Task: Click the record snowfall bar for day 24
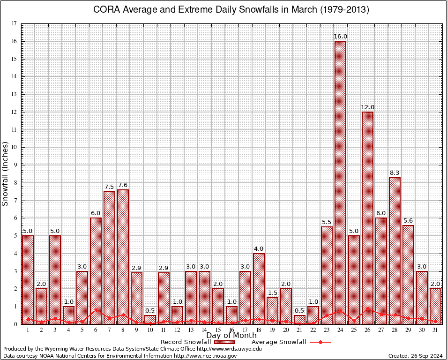point(340,183)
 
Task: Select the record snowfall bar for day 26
point(367,218)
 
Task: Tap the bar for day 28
point(395,251)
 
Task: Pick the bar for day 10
point(150,320)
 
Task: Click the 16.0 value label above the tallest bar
point(340,37)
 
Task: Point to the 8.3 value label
point(395,173)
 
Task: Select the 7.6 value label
point(123,185)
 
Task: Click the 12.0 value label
point(367,107)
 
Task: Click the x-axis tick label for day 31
point(435,330)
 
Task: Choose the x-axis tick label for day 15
point(218,330)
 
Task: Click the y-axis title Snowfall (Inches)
point(6,173)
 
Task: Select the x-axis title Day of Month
point(231,336)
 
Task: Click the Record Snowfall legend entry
point(187,342)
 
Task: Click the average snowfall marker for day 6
point(96,309)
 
